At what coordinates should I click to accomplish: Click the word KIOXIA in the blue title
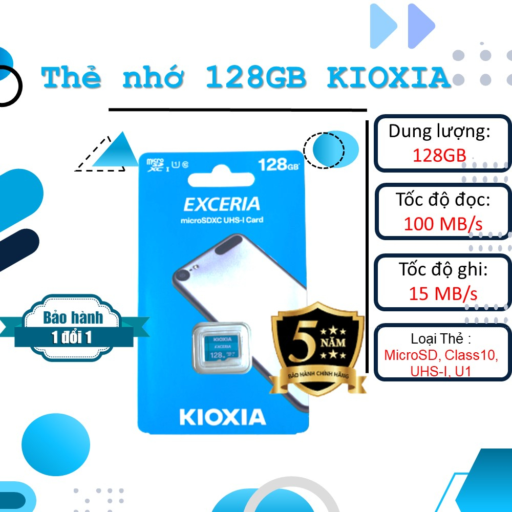389,78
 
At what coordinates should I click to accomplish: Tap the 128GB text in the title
255,78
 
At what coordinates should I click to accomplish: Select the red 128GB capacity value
439,155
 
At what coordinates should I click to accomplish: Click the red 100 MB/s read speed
443,223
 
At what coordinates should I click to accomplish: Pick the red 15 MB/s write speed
443,293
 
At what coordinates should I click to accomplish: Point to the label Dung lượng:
439,132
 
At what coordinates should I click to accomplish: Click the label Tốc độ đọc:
443,200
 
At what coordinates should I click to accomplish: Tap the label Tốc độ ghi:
443,270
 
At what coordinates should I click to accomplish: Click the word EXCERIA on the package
221,204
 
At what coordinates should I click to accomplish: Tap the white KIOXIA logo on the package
223,417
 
